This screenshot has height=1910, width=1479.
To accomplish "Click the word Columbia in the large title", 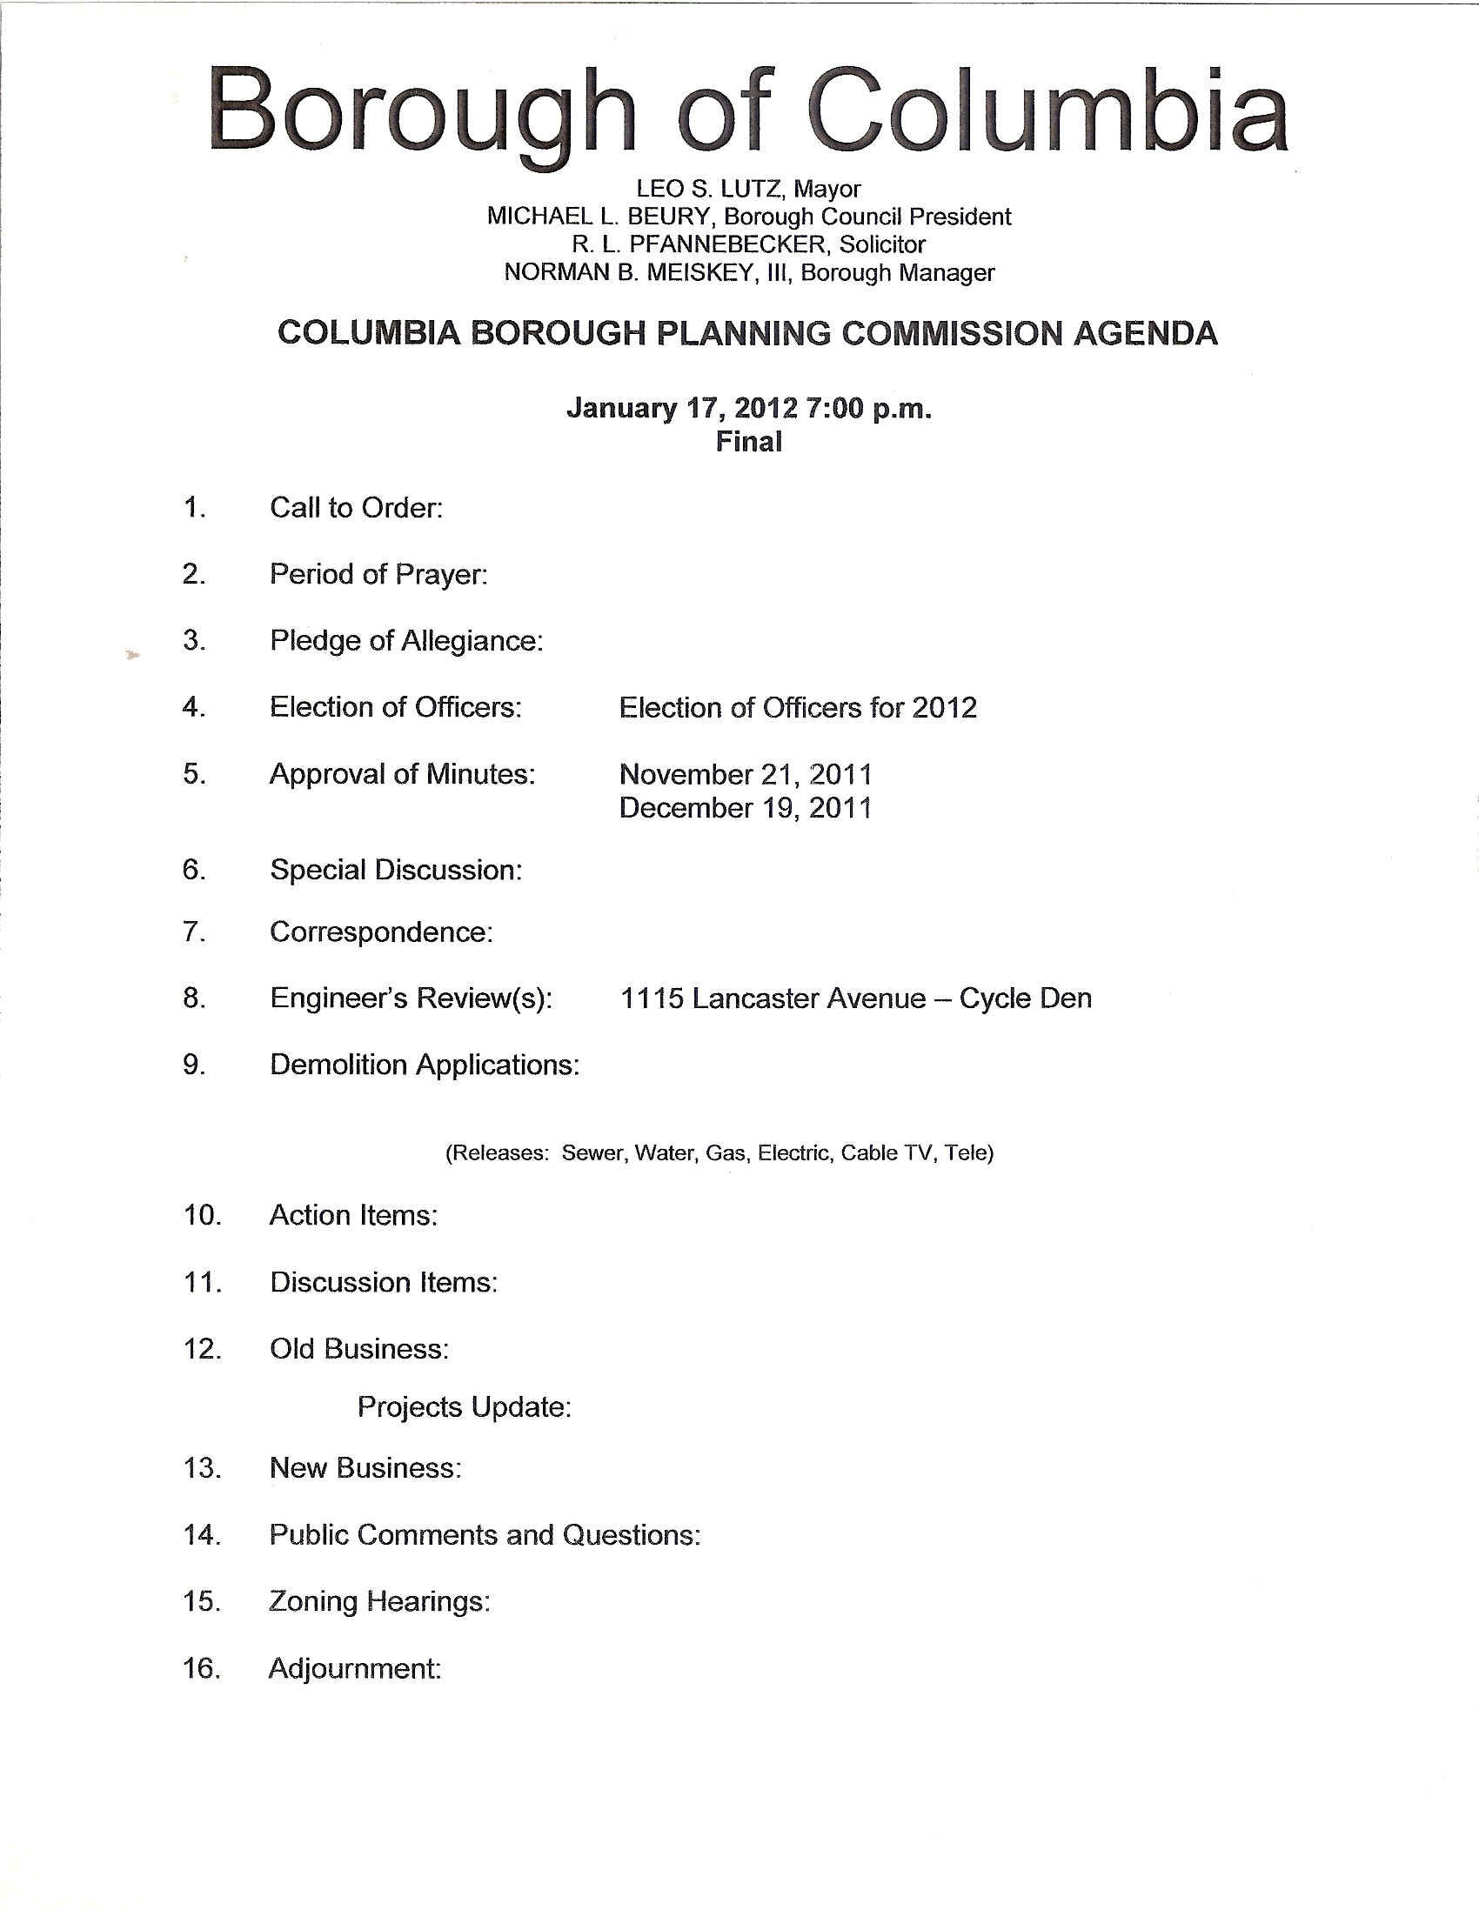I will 1047,112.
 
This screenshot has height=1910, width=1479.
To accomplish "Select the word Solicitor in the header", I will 881,244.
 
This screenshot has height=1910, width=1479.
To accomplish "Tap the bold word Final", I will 749,442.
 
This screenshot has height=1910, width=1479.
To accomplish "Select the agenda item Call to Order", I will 356,507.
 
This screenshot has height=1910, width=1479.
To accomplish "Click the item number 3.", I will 194,640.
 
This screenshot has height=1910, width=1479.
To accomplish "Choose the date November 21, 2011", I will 746,774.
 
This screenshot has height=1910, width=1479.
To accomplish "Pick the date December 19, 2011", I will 746,807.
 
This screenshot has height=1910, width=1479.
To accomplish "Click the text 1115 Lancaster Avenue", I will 773,998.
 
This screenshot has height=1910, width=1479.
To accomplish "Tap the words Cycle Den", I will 1025,998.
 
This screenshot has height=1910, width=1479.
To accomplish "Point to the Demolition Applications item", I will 425,1065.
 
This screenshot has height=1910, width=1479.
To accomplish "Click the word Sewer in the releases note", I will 592,1152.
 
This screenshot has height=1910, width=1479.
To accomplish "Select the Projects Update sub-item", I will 464,1406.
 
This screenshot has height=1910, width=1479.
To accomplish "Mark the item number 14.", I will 201,1534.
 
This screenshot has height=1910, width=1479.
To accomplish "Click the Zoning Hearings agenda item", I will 378,1600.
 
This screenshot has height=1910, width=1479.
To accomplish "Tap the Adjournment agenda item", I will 354,1667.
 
